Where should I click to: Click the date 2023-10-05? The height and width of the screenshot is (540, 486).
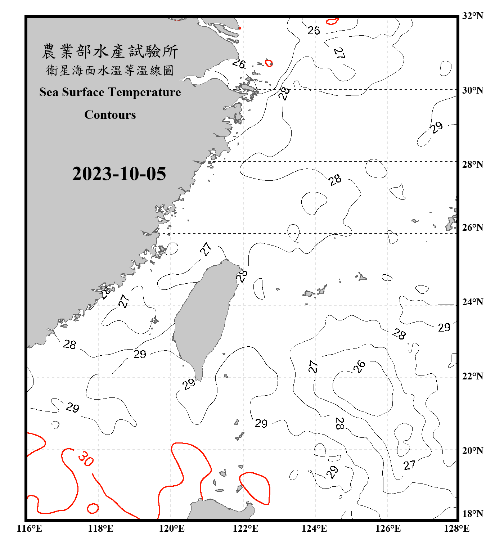coord(119,174)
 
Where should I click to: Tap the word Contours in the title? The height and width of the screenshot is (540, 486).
coord(110,115)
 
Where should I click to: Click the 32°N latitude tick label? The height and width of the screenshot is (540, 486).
coord(473,16)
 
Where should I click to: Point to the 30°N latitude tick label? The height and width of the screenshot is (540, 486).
coord(473,90)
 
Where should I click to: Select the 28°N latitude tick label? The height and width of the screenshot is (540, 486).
coord(473,165)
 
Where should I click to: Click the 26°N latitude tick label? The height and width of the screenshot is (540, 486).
coord(473,228)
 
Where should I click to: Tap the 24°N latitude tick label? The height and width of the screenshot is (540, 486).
coord(473,302)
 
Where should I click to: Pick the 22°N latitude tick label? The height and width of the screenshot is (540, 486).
coord(473,376)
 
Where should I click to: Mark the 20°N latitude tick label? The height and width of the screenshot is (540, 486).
coord(473,451)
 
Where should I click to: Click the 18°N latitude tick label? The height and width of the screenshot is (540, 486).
coord(473,514)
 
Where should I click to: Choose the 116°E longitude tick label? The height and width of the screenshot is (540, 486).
coord(29,528)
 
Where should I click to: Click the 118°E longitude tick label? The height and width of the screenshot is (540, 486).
coord(100,528)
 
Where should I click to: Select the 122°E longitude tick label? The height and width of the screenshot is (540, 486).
coord(246,528)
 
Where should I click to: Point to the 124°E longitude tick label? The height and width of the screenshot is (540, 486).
coord(314,528)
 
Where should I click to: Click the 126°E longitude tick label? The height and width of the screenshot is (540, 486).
coord(388,528)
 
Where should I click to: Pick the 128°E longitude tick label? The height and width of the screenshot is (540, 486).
coord(456,528)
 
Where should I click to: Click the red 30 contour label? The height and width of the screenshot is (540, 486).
coord(86,459)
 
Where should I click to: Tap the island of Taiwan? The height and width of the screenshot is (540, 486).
coord(205,317)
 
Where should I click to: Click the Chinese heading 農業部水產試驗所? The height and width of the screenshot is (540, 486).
coord(110,51)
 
